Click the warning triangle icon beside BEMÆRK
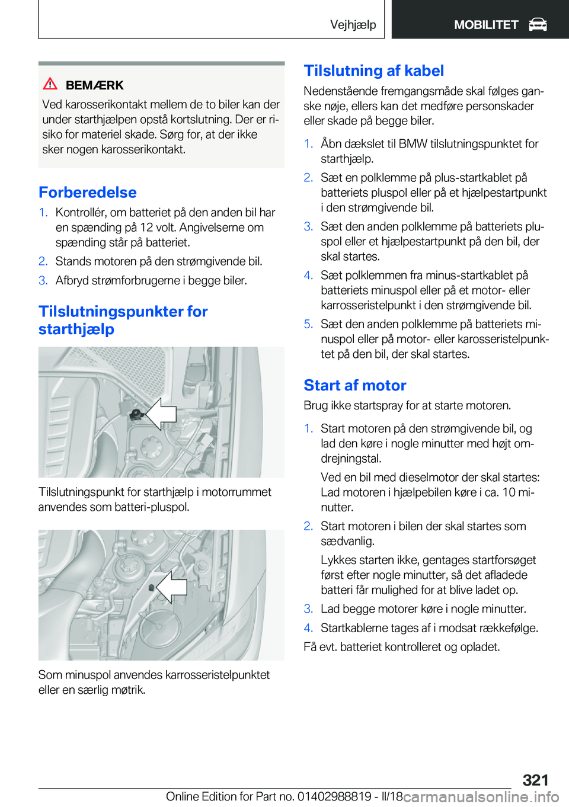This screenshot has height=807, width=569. tap(50, 84)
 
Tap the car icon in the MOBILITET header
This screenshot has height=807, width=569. tap(538, 24)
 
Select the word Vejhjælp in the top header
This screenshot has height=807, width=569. tap(353, 24)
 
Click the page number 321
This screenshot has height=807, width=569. tap(535, 780)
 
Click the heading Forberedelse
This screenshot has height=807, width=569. tap(88, 193)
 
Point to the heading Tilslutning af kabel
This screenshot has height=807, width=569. tap(373, 71)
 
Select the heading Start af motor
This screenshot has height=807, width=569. tap(354, 386)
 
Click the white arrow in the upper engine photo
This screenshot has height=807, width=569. tap(161, 414)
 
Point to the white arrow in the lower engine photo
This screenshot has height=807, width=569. tap(172, 587)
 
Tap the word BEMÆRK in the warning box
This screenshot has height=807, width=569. tap(94, 85)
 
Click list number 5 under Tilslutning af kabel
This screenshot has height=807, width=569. tap(308, 324)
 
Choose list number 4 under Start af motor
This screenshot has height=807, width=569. tap(308, 628)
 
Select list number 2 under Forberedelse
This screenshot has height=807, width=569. tap(43, 261)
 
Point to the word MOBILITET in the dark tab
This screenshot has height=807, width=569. tap(486, 25)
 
